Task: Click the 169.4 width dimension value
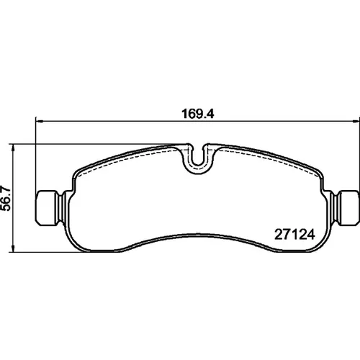click(198, 114)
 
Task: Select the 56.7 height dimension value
click(6, 198)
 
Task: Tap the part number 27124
click(294, 235)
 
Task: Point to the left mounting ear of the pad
click(48, 208)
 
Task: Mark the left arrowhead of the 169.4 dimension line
click(39, 122)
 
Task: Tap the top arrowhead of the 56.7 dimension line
click(13, 148)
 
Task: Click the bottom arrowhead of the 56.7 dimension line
click(13, 248)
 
